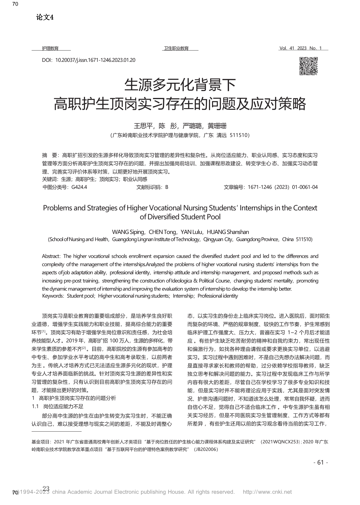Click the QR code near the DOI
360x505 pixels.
[308, 66]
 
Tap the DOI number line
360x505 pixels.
[88, 60]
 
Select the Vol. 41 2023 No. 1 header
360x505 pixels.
[300, 48]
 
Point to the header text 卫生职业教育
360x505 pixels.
[176, 48]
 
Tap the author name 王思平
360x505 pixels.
[143, 126]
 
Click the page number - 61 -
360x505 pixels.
[321, 462]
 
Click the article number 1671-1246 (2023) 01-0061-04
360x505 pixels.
[283, 187]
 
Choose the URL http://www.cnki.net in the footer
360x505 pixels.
[267, 492]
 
